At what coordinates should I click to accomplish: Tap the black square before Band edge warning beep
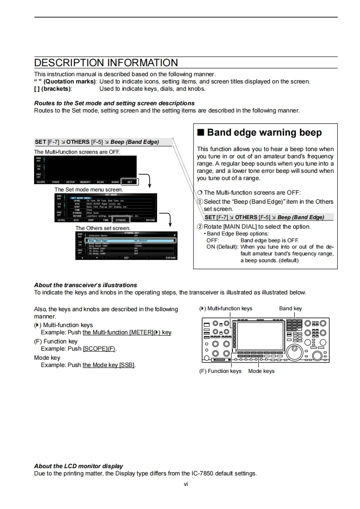click(x=201, y=132)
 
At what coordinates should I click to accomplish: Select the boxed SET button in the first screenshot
click(x=129, y=182)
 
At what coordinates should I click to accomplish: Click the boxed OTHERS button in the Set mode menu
click(x=120, y=220)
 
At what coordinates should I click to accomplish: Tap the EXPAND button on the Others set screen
click(x=170, y=258)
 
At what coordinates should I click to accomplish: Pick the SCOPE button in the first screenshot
click(x=41, y=182)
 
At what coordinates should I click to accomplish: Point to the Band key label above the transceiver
click(x=291, y=308)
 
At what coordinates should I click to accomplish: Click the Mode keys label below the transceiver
click(x=261, y=371)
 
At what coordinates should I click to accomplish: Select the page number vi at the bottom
click(x=186, y=484)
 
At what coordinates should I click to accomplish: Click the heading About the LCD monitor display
click(x=79, y=466)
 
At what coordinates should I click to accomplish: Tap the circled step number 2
click(x=200, y=227)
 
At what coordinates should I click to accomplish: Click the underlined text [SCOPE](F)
click(x=99, y=349)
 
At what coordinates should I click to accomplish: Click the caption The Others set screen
click(x=103, y=228)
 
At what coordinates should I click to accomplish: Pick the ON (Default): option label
click(x=222, y=247)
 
